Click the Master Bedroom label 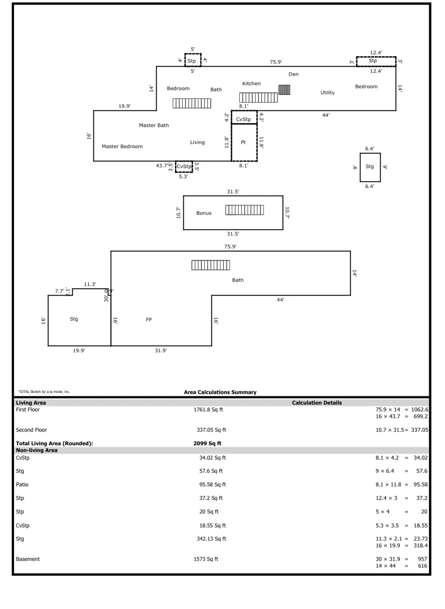pyautogui.click(x=122, y=147)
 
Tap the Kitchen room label pyautogui.click(x=251, y=84)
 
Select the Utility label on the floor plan pyautogui.click(x=327, y=93)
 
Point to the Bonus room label pyautogui.click(x=204, y=213)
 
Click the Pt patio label pyautogui.click(x=243, y=142)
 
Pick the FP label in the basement pyautogui.click(x=149, y=320)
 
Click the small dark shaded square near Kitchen pyautogui.click(x=284, y=90)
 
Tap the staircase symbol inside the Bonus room pyautogui.click(x=245, y=210)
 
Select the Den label pyautogui.click(x=293, y=74)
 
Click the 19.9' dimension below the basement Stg pyautogui.click(x=79, y=351)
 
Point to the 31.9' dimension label pyautogui.click(x=161, y=351)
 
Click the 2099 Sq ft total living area pyautogui.click(x=207, y=444)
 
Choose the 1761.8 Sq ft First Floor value pyautogui.click(x=208, y=410)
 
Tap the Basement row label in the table pyautogui.click(x=28, y=559)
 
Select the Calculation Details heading pyautogui.click(x=317, y=403)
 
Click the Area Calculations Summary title pyautogui.click(x=220, y=392)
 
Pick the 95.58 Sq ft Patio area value pyautogui.click(x=213, y=485)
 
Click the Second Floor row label pyautogui.click(x=32, y=430)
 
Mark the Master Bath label pyautogui.click(x=154, y=125)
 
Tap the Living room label pyautogui.click(x=197, y=142)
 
